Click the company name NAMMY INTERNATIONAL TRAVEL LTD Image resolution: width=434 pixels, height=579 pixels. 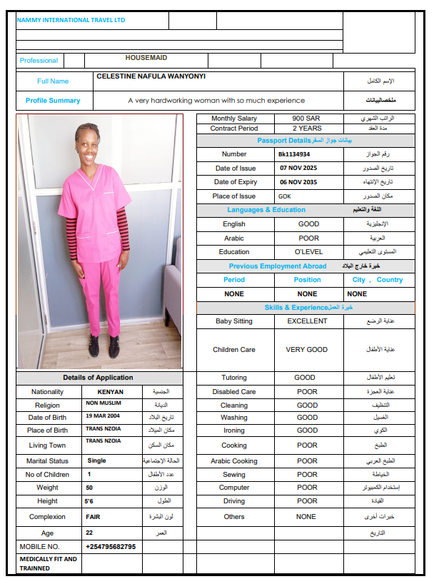coord(71,20)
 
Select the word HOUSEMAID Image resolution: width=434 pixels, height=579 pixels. coord(146,58)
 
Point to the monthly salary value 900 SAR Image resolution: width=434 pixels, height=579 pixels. coord(307,119)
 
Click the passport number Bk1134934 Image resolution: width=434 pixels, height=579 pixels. coord(294,153)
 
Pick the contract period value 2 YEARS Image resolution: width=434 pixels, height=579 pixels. coord(307,129)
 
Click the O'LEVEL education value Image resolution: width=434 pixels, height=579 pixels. coord(308,252)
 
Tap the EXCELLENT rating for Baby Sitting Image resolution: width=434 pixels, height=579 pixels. coord(307,321)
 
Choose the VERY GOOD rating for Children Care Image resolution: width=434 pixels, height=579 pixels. coord(306,350)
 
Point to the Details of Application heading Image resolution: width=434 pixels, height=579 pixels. coord(98,378)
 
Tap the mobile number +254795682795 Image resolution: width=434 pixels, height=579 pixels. coord(111,546)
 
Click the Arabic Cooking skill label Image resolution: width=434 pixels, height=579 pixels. coord(234,461)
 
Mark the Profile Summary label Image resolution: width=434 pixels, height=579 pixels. coord(53,101)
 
